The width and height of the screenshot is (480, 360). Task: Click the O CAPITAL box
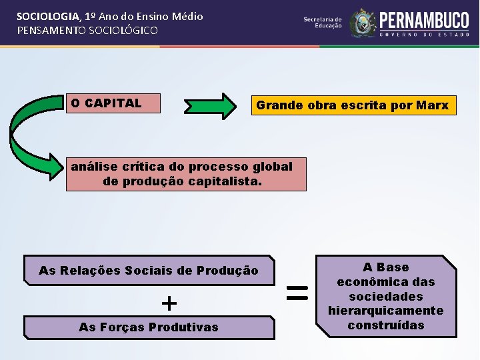[114, 103]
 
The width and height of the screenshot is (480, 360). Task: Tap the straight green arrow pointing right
[210, 105]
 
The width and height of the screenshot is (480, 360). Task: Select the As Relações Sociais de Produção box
[149, 271]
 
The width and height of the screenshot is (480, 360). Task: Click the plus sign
[169, 304]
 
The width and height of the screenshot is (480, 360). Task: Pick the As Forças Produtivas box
[149, 327]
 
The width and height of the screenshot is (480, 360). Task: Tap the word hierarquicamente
[386, 311]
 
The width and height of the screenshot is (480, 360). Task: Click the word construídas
[386, 325]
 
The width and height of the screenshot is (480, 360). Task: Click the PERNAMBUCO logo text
[424, 20]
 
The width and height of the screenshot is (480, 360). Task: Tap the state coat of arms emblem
[363, 24]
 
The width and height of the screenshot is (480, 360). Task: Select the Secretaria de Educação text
[323, 23]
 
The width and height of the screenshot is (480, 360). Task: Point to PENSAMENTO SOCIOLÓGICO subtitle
[87, 31]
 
